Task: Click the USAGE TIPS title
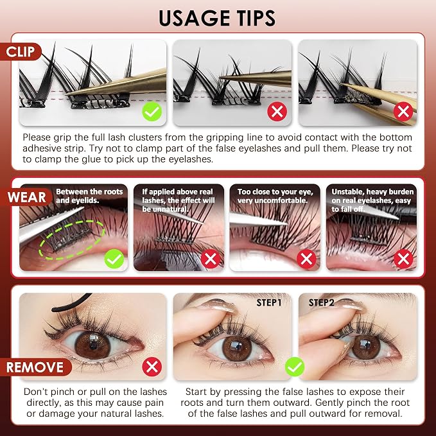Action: [x=217, y=18]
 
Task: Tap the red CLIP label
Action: [x=21, y=52]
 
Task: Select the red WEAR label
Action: [x=26, y=197]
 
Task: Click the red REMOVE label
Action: [x=35, y=367]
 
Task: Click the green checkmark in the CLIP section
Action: [x=152, y=112]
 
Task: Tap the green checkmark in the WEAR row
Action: [x=114, y=259]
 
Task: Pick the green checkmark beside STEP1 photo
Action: [x=295, y=367]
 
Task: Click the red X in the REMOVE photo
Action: [x=152, y=367]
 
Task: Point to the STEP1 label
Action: [x=269, y=302]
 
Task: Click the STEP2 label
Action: [x=321, y=302]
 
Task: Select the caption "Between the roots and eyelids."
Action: [x=89, y=196]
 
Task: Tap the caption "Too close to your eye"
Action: [x=275, y=192]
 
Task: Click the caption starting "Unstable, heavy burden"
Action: [x=372, y=200]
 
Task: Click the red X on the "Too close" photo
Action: [x=306, y=259]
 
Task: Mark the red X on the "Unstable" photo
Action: [x=403, y=259]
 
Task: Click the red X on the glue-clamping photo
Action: [x=403, y=112]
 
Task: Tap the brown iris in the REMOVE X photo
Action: [x=92, y=345]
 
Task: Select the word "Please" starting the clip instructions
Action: [x=37, y=137]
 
